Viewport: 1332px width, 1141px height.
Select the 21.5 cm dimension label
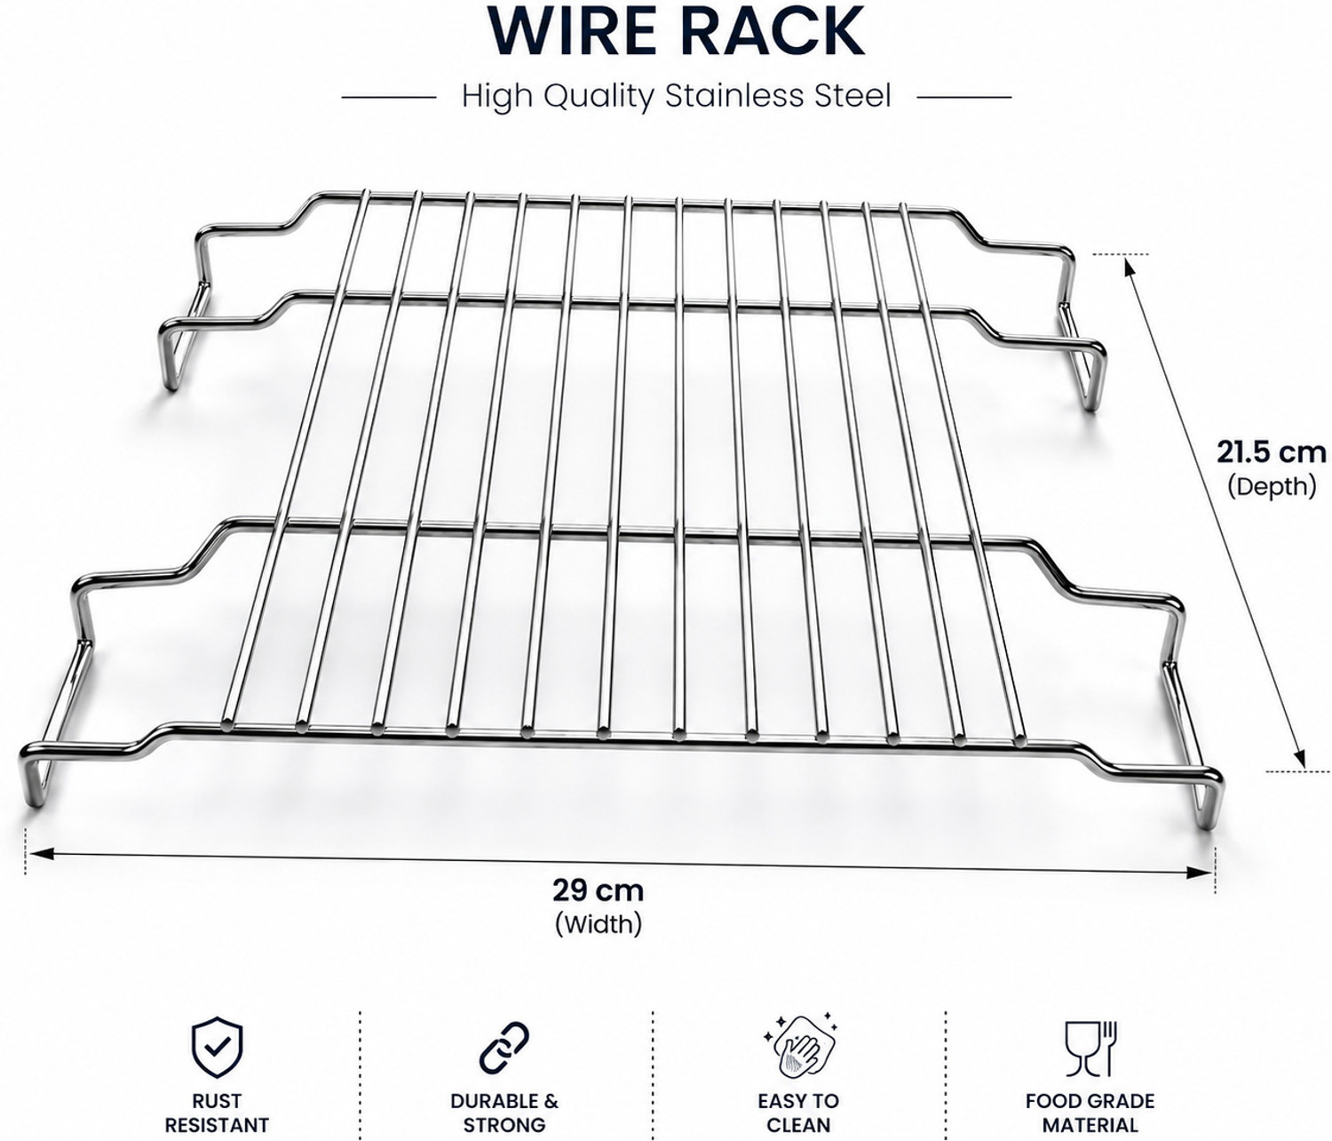tap(1271, 452)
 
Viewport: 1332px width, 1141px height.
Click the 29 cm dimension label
tap(598, 890)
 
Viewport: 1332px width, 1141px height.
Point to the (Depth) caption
tap(1272, 486)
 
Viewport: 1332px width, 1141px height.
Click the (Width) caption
tap(599, 924)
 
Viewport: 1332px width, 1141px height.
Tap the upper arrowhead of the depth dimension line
tap(1130, 266)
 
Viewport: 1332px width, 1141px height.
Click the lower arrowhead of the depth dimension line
tap(1300, 759)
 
